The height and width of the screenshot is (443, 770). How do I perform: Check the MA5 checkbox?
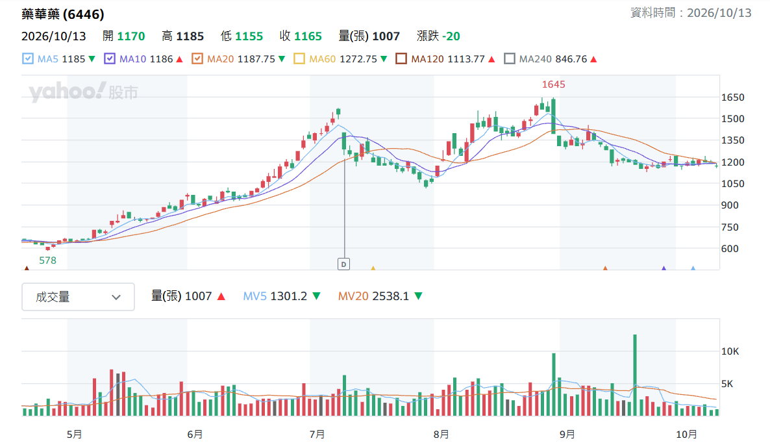(28, 59)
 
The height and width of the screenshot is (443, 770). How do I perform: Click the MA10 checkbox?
(110, 59)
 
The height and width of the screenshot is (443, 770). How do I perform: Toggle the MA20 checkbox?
(197, 59)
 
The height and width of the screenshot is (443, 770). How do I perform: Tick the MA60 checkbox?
(299, 59)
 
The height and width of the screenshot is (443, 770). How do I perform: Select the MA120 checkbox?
(401, 59)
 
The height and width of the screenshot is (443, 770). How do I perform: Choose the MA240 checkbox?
(510, 59)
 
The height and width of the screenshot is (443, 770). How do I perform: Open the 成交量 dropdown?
(78, 297)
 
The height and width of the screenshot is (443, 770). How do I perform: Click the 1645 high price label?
(553, 84)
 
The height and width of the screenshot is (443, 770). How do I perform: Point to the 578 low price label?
(47, 260)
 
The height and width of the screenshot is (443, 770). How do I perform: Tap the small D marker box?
(343, 264)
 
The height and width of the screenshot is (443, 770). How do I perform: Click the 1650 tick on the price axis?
(733, 97)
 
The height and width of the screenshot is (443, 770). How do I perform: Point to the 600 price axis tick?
(730, 249)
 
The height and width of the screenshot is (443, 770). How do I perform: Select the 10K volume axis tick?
(730, 351)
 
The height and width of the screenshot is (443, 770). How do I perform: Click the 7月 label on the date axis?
(317, 434)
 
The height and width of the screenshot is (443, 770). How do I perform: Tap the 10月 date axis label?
(686, 434)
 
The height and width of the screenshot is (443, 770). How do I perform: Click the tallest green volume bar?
(635, 375)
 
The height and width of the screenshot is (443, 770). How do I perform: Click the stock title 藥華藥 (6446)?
(63, 14)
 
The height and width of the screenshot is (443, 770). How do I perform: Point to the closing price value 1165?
(308, 36)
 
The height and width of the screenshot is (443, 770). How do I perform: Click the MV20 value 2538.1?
(390, 296)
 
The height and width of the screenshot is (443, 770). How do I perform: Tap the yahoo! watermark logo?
(68, 92)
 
